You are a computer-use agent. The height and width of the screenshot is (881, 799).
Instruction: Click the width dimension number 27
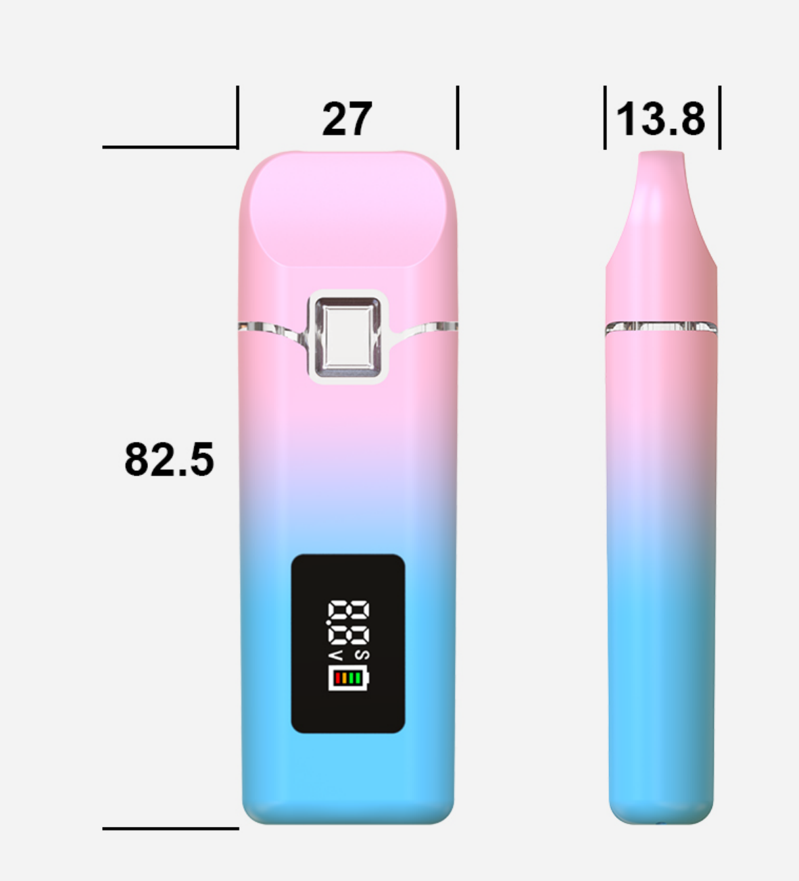pos(347,119)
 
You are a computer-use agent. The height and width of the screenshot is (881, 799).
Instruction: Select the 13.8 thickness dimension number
pos(660,119)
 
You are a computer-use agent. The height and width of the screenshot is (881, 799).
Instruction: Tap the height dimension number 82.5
pos(169,459)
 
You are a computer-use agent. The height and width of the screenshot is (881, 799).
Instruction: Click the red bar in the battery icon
pos(338,678)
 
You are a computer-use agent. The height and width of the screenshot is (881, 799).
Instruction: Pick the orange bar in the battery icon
pos(345,678)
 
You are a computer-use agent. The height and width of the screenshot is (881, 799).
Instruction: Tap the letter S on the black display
pos(362,655)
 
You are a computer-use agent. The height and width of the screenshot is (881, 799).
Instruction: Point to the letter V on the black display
pos(335,656)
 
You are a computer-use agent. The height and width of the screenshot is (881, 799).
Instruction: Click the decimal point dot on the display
pos(329,622)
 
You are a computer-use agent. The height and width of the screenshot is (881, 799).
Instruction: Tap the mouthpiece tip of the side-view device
pos(661,154)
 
